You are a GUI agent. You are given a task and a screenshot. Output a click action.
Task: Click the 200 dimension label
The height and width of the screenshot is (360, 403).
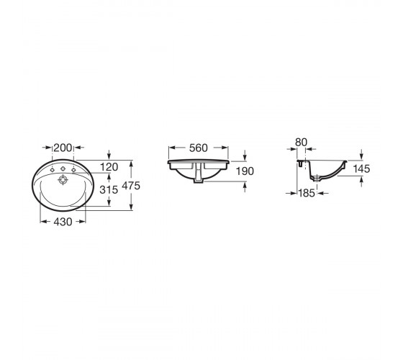(x=63, y=148)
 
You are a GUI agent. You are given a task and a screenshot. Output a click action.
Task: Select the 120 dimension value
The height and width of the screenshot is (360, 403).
(x=109, y=167)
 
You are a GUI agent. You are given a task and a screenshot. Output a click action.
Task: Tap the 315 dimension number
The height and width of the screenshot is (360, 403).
(x=109, y=190)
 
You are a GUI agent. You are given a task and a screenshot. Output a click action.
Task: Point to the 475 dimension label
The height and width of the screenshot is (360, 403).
(x=131, y=186)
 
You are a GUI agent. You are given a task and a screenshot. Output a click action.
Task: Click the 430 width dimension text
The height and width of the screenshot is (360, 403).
(x=63, y=222)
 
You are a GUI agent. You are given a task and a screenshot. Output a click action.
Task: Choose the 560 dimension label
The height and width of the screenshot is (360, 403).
(x=198, y=148)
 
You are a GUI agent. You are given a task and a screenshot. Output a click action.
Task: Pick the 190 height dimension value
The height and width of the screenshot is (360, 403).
(x=245, y=171)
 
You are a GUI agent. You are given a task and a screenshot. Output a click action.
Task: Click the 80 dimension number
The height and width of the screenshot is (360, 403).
(x=302, y=143)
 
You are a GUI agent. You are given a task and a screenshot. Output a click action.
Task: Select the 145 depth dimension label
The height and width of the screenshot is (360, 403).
(x=361, y=169)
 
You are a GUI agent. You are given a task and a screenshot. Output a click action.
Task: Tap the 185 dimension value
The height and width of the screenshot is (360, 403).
(x=307, y=193)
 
